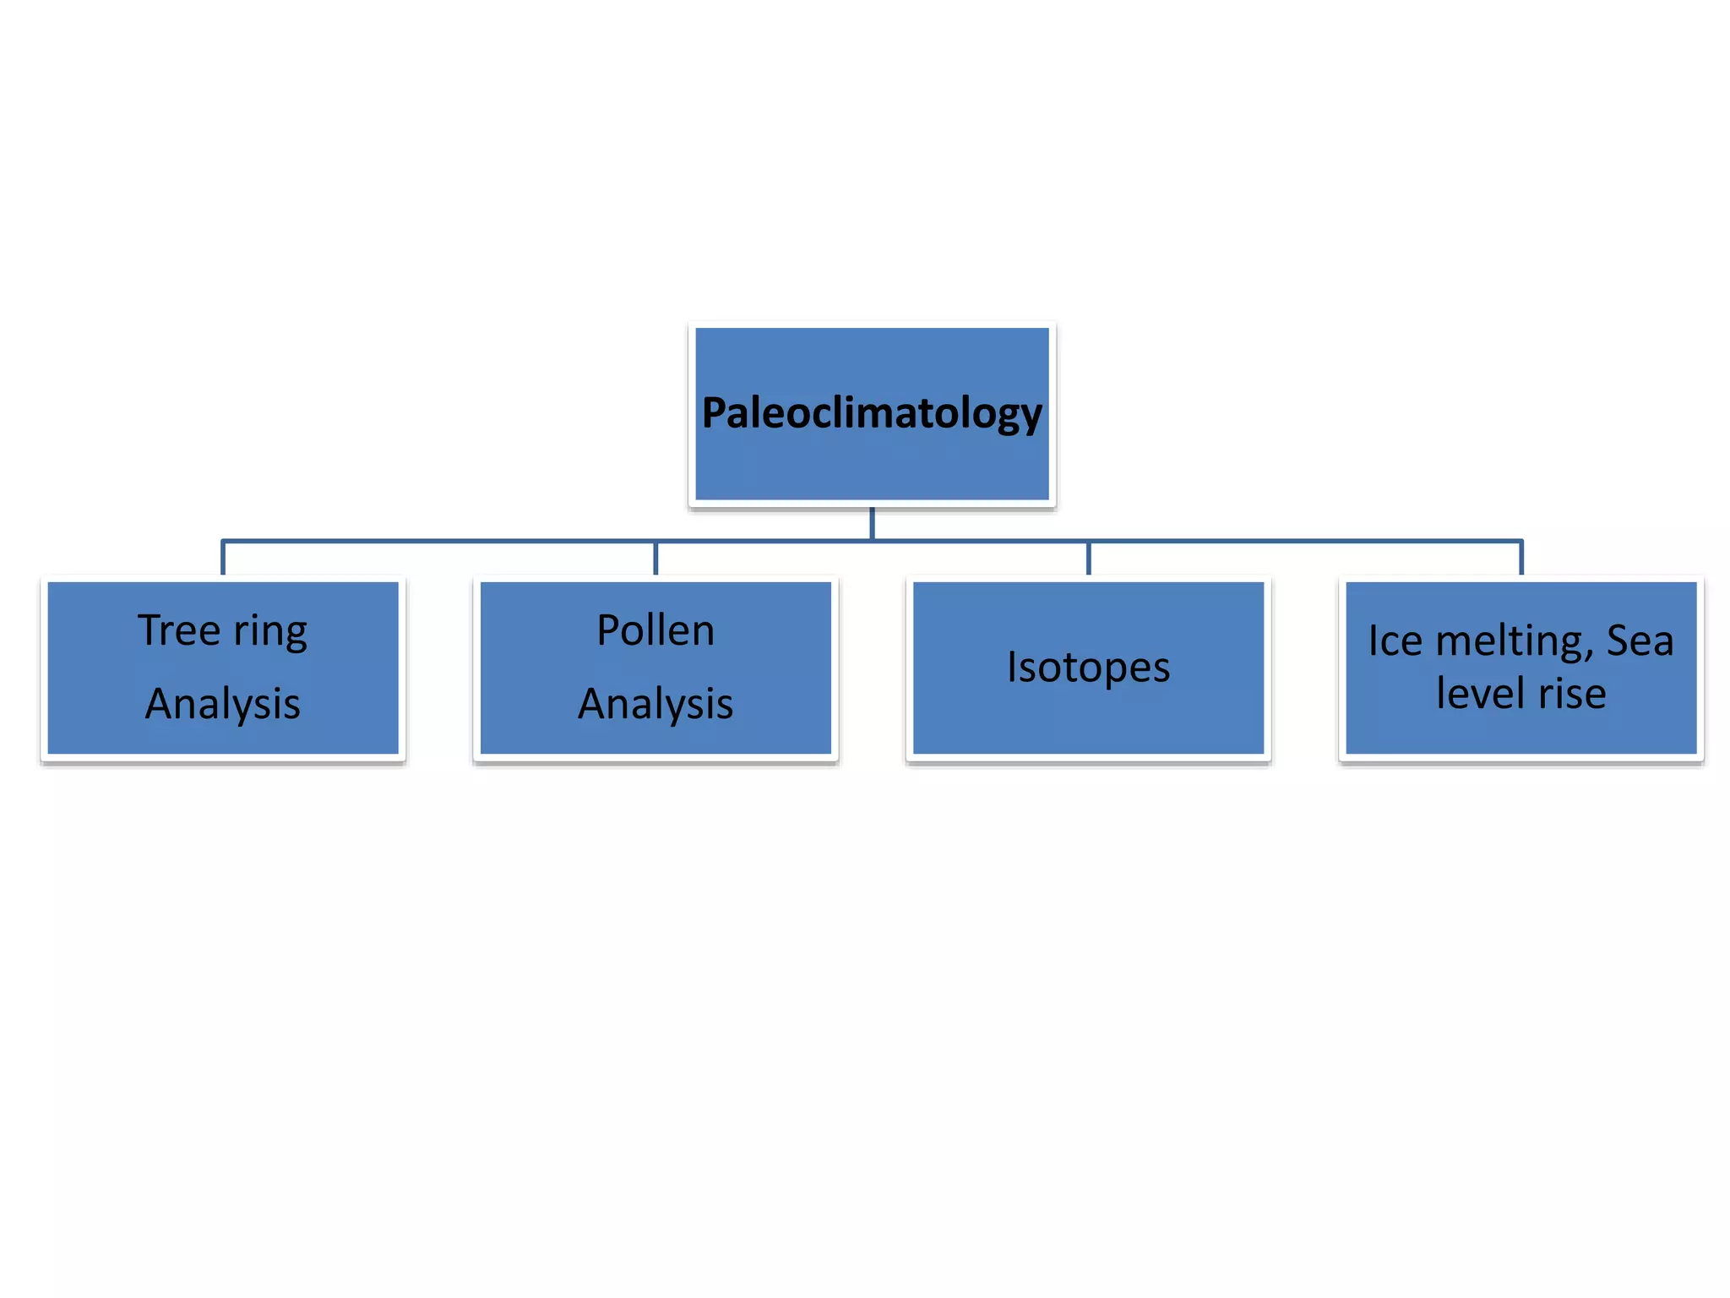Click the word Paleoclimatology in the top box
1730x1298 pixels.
[x=872, y=413]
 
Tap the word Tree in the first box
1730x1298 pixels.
[x=179, y=630]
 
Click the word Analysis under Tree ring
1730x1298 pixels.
[x=223, y=704]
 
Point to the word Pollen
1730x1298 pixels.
[x=656, y=630]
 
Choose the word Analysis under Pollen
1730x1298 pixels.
[x=656, y=704]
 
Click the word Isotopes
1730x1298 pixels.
[x=1088, y=668]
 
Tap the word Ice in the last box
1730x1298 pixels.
[x=1395, y=641]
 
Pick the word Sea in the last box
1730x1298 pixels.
[x=1640, y=641]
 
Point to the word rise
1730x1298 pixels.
[x=1572, y=694]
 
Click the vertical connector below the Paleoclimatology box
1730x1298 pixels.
[x=872, y=523]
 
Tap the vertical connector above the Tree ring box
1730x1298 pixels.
[x=223, y=559]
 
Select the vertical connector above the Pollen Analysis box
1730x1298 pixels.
[x=656, y=559]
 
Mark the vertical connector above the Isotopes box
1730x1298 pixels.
[x=1088, y=559]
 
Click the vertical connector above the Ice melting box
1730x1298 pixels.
[x=1521, y=559]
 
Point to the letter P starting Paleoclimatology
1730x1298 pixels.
[x=715, y=413]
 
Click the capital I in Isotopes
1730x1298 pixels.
[x=1012, y=667]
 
